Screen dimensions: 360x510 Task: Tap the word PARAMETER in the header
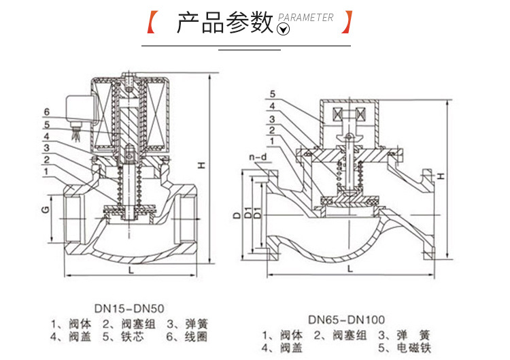(306, 17)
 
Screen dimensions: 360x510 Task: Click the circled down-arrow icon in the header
(284, 29)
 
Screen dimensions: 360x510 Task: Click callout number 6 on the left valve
(46, 112)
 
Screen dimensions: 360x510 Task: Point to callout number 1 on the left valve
(46, 171)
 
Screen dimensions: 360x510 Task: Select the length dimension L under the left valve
(129, 270)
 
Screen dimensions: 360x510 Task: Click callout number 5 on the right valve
(271, 94)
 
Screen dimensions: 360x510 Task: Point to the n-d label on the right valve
(258, 158)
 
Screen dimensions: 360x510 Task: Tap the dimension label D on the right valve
(236, 216)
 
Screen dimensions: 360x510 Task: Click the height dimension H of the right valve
(441, 176)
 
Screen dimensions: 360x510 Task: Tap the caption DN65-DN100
(346, 318)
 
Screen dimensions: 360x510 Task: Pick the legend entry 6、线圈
(183, 336)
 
